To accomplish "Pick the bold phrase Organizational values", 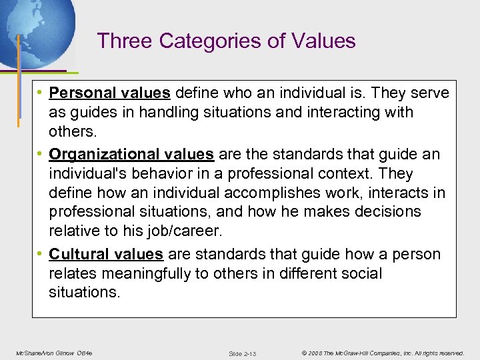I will [x=131, y=155].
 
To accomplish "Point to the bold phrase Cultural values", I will [x=106, y=254].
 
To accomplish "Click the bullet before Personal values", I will [x=41, y=93].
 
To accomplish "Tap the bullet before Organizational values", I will [x=41, y=155].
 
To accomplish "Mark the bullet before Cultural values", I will [x=41, y=254].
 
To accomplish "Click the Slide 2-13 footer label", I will [x=242, y=353].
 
